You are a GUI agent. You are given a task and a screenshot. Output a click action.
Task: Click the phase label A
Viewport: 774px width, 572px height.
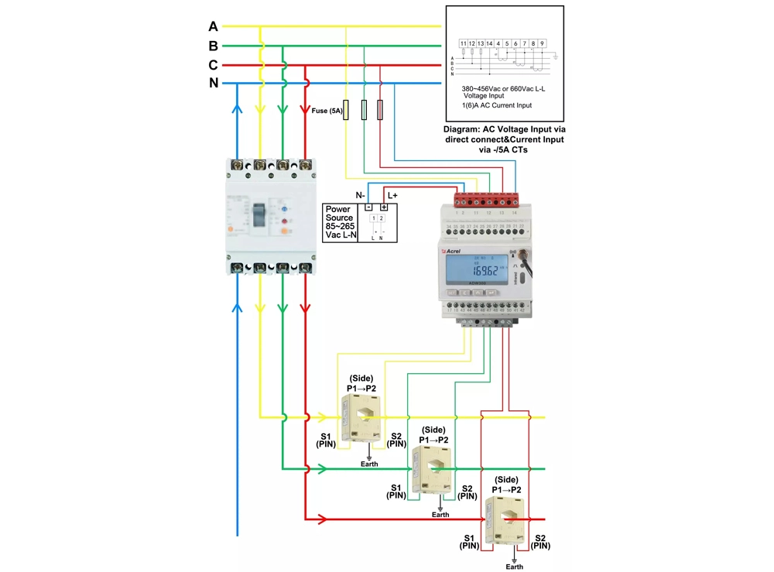(x=213, y=27)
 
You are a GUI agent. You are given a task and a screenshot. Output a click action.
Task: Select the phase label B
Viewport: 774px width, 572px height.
(x=213, y=46)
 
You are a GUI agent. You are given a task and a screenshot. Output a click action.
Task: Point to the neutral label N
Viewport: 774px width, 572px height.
(x=213, y=83)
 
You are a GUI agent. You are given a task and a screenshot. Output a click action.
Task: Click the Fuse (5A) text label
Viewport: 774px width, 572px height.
(x=327, y=111)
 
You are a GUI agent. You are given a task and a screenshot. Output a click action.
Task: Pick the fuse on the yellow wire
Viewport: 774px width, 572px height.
(x=345, y=110)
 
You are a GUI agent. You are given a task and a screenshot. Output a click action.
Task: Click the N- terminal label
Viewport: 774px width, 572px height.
(x=361, y=194)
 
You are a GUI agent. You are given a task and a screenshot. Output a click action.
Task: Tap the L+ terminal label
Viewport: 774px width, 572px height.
(x=392, y=194)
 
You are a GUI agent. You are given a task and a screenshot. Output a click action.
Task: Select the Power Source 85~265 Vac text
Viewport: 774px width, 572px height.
(x=341, y=221)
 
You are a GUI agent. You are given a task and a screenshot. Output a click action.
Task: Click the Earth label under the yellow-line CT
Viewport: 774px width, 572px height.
(x=369, y=464)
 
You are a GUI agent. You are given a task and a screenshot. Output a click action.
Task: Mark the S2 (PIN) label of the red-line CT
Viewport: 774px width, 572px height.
(x=540, y=541)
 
